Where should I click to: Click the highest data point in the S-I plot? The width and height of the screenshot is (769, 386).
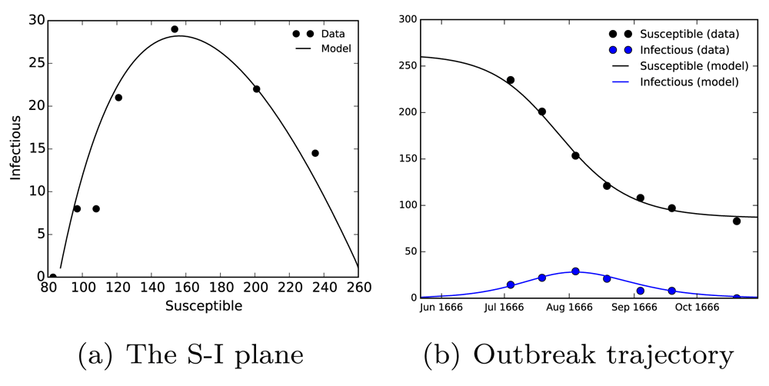(175, 29)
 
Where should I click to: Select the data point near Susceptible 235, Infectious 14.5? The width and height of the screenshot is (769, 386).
(315, 153)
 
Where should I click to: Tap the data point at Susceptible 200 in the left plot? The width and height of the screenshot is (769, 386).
(256, 89)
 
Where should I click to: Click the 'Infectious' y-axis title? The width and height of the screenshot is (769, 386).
(15, 148)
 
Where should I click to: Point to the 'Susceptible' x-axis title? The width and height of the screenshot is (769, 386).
(203, 306)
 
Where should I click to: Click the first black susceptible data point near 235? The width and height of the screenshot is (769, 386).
(510, 80)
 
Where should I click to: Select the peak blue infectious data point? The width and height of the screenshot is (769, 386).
(575, 271)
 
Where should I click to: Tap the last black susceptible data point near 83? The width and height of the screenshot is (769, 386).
(737, 221)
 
